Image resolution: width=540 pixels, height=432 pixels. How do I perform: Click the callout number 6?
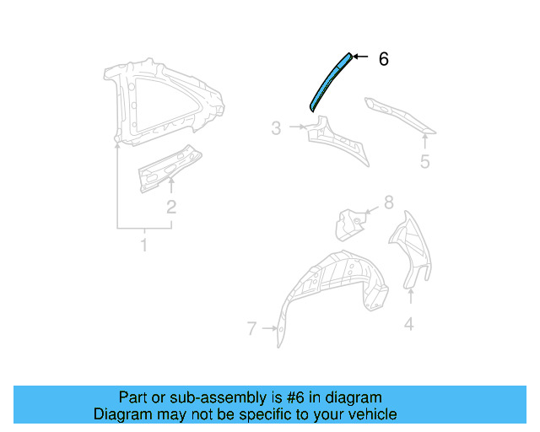coord(383,59)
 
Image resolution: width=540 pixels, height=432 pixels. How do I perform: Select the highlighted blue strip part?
coord(328,83)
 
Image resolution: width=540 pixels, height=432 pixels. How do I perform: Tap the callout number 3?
coord(276,128)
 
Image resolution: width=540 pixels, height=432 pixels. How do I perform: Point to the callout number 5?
coord(425,161)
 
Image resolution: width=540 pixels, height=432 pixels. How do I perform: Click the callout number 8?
coord(388,202)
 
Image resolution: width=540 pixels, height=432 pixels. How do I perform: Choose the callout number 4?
coord(409,322)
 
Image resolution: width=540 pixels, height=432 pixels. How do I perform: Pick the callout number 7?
coord(251,329)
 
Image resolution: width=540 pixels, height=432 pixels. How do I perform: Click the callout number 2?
coord(171,207)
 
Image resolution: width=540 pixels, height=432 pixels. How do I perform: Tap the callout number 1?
coord(143,246)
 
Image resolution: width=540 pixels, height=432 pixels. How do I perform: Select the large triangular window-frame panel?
coord(160,101)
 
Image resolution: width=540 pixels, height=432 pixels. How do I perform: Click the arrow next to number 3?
coord(296,127)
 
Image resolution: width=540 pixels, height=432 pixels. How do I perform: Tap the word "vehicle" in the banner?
coord(369,414)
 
